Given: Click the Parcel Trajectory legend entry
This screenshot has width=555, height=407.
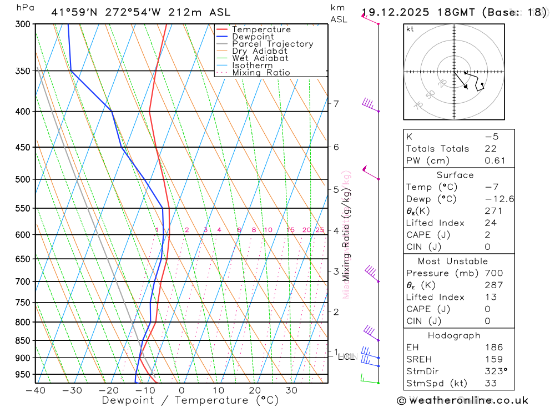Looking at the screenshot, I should tap(273, 44).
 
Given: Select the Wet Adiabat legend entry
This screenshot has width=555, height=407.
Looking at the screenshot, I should tap(260, 58).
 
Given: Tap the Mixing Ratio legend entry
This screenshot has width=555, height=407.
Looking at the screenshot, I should tap(261, 73).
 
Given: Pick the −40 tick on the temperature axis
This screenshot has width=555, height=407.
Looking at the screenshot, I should tap(35, 390).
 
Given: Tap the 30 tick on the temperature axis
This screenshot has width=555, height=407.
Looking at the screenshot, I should tap(291, 390).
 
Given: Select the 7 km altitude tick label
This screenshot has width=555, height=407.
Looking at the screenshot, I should tap(336, 103).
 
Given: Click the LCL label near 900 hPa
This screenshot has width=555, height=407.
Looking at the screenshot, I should tap(346, 356).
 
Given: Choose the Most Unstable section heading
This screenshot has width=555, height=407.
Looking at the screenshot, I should tap(453, 261).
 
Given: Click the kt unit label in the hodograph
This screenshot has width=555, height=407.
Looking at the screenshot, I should tap(410, 29).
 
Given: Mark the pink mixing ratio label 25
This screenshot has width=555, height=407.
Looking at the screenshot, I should tap(320, 230).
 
